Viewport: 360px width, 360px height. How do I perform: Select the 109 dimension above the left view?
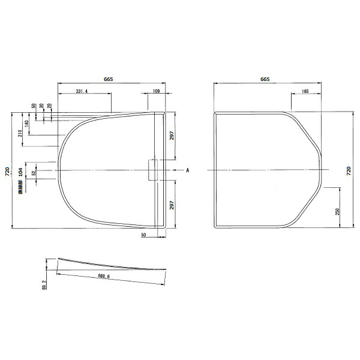[156, 91]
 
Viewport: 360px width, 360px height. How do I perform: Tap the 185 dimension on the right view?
[304, 91]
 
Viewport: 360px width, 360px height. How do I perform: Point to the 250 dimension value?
[338, 212]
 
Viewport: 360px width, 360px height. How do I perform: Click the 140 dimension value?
[28, 124]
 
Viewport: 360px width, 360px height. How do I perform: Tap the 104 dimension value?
[20, 172]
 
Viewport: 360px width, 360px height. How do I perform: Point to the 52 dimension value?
[34, 172]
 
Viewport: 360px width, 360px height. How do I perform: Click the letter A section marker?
[187, 171]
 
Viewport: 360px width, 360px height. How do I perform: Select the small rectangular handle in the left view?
[152, 169]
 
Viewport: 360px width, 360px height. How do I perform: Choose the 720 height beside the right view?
[349, 170]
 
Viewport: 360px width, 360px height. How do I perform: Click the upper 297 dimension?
[172, 136]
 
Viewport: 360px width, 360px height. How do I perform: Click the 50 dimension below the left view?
[144, 235]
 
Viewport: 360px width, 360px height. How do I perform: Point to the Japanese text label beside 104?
[20, 189]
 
